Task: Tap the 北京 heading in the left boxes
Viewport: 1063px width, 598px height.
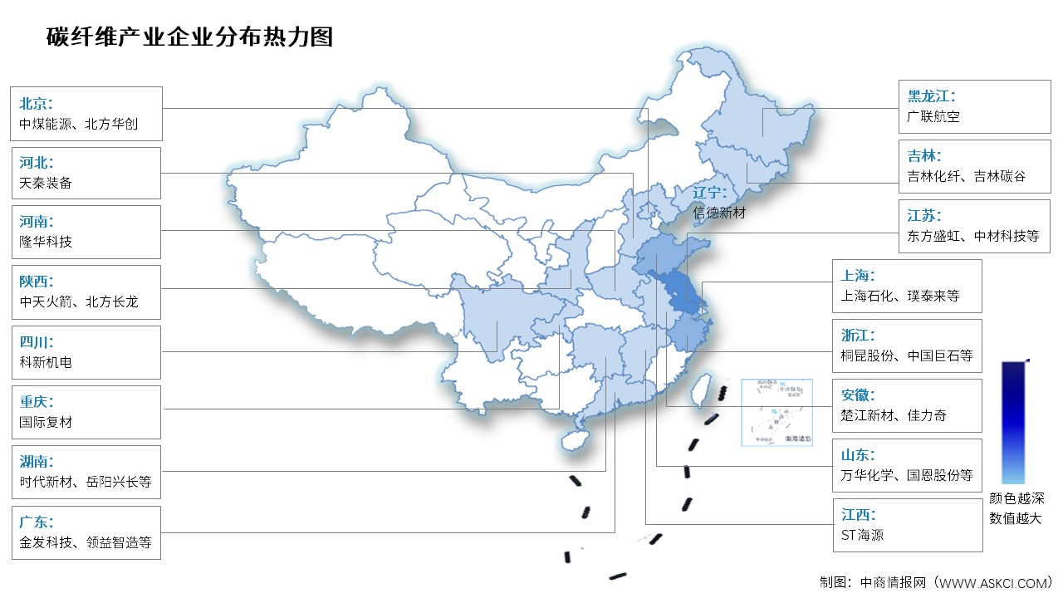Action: [x=36, y=104]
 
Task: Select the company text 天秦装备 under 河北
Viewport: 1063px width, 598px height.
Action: [x=46, y=183]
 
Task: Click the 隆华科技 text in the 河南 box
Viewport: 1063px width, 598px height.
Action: [x=46, y=242]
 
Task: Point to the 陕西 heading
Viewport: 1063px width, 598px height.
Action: [x=36, y=282]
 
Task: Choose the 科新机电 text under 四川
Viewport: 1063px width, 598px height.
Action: [x=46, y=362]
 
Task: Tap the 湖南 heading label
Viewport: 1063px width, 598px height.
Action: [x=36, y=462]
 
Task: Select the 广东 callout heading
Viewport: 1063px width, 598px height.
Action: [x=36, y=522]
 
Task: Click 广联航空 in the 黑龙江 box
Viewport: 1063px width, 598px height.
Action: [x=933, y=117]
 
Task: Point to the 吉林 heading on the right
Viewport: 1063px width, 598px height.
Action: [x=924, y=155]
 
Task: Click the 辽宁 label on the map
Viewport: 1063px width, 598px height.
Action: [x=710, y=194]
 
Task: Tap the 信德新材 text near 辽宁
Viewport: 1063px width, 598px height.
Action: [x=719, y=213]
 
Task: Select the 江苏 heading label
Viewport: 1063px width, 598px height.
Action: [x=924, y=215]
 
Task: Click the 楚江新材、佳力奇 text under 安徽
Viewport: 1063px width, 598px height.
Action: [x=893, y=415]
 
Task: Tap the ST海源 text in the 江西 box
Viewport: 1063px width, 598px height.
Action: [x=862, y=535]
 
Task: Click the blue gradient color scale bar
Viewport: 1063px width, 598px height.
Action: [x=1013, y=422]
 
